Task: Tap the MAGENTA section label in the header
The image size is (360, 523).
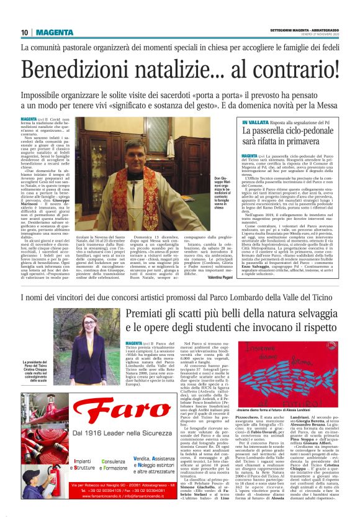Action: [x=54, y=32]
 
